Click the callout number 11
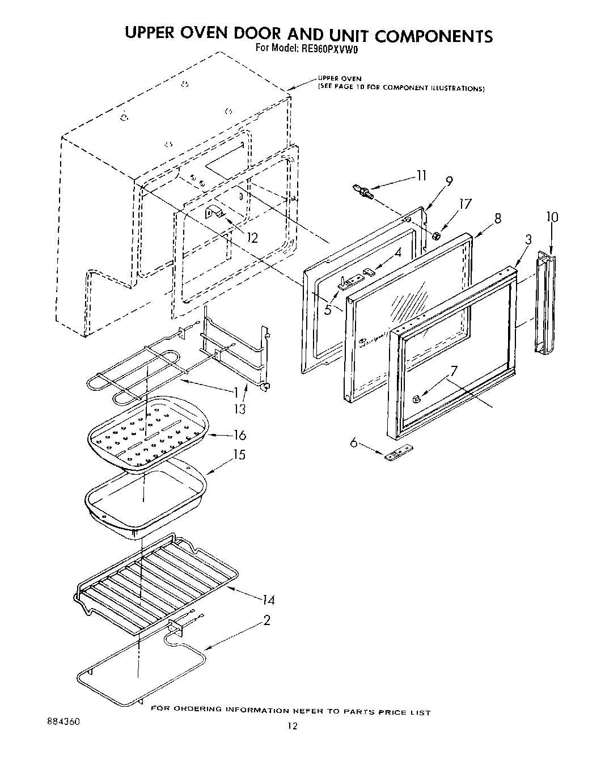point(420,176)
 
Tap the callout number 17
point(465,204)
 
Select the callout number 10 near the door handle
point(552,217)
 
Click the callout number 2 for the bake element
point(266,620)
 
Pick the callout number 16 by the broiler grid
point(239,435)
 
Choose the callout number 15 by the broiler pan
point(239,454)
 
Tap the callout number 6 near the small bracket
point(354,442)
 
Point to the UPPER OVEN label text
point(339,79)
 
